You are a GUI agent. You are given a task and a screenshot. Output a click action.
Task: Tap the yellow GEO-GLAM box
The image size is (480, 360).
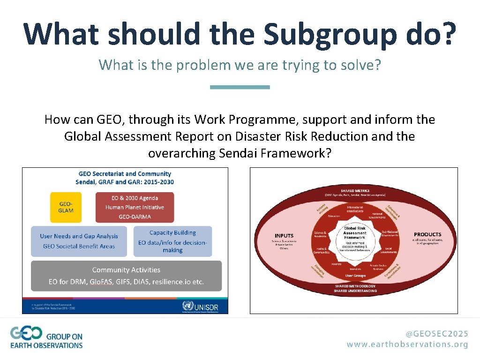[66, 207]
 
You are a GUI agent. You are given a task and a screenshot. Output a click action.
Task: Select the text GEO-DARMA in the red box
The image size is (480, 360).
[135, 217]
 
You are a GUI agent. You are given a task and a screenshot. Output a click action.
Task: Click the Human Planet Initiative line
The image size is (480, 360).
[135, 207]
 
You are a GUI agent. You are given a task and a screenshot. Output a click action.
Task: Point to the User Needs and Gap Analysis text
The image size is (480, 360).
[79, 236]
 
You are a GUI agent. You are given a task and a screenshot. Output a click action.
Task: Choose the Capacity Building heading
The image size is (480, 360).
[172, 232]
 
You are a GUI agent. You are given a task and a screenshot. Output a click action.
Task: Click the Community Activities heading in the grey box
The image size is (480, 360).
[126, 270]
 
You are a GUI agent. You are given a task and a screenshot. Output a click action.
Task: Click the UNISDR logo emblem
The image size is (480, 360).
[188, 306]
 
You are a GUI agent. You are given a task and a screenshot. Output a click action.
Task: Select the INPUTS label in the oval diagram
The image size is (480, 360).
[284, 236]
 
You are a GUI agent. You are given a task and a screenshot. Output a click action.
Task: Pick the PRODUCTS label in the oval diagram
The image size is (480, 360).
[427, 234]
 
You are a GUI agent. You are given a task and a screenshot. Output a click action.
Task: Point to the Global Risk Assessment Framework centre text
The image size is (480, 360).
[355, 233]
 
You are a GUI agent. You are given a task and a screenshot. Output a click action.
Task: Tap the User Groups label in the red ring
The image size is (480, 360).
[355, 276]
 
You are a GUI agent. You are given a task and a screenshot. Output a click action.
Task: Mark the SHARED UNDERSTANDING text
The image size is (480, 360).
[355, 291]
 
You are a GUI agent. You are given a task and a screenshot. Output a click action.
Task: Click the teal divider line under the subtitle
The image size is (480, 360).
[240, 87]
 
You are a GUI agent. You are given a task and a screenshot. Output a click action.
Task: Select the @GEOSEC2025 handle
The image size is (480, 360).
[437, 334]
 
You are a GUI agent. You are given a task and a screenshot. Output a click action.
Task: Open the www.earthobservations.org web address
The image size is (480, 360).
[407, 344]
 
